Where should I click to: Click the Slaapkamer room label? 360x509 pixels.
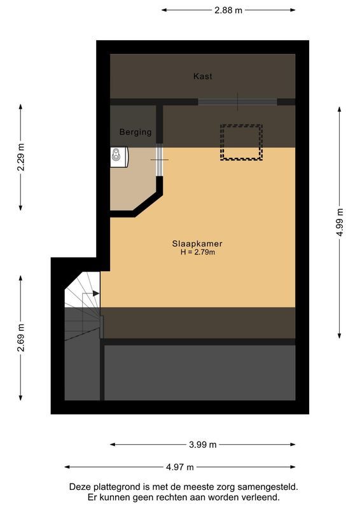click(197, 244)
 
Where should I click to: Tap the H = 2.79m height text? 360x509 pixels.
click(198, 253)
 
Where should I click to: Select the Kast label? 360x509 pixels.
click(203, 76)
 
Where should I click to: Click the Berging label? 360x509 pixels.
click(135, 132)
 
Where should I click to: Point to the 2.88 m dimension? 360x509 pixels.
click(228, 10)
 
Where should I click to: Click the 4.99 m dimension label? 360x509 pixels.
click(340, 223)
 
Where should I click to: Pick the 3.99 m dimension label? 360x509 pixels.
click(203, 445)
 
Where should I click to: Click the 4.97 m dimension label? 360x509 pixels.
click(180, 467)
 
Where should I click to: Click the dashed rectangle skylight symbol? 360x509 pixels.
click(241, 143)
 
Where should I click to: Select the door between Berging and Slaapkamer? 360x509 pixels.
click(160, 159)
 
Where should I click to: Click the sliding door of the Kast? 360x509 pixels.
click(237, 102)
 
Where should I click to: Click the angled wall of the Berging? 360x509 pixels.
click(146, 203)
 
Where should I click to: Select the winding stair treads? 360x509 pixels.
click(81, 312)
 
